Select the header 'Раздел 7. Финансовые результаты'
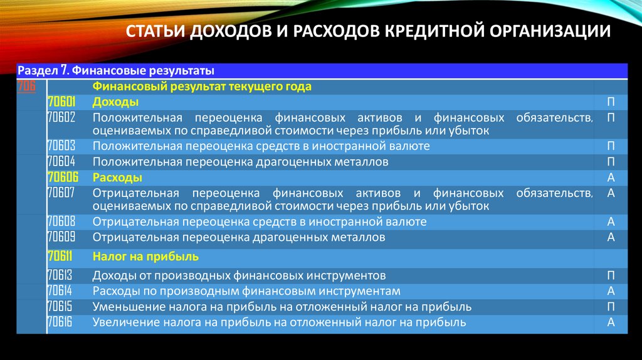click(x=116, y=70)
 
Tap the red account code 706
click(x=27, y=86)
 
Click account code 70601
click(x=61, y=102)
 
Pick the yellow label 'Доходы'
click(x=115, y=102)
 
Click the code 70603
click(x=61, y=146)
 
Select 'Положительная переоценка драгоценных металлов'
click(x=241, y=162)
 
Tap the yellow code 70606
click(x=61, y=177)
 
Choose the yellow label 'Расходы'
click(x=117, y=177)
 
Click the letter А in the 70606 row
click(x=611, y=177)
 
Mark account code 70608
click(x=61, y=222)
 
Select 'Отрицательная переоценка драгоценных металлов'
click(x=239, y=238)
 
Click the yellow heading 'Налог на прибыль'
click(x=145, y=257)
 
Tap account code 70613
click(x=61, y=275)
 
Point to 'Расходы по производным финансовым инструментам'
click(x=246, y=291)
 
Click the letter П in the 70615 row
click(x=611, y=307)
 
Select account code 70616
click(x=61, y=322)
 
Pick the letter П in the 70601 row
click(x=611, y=102)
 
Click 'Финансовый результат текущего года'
click(x=202, y=87)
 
